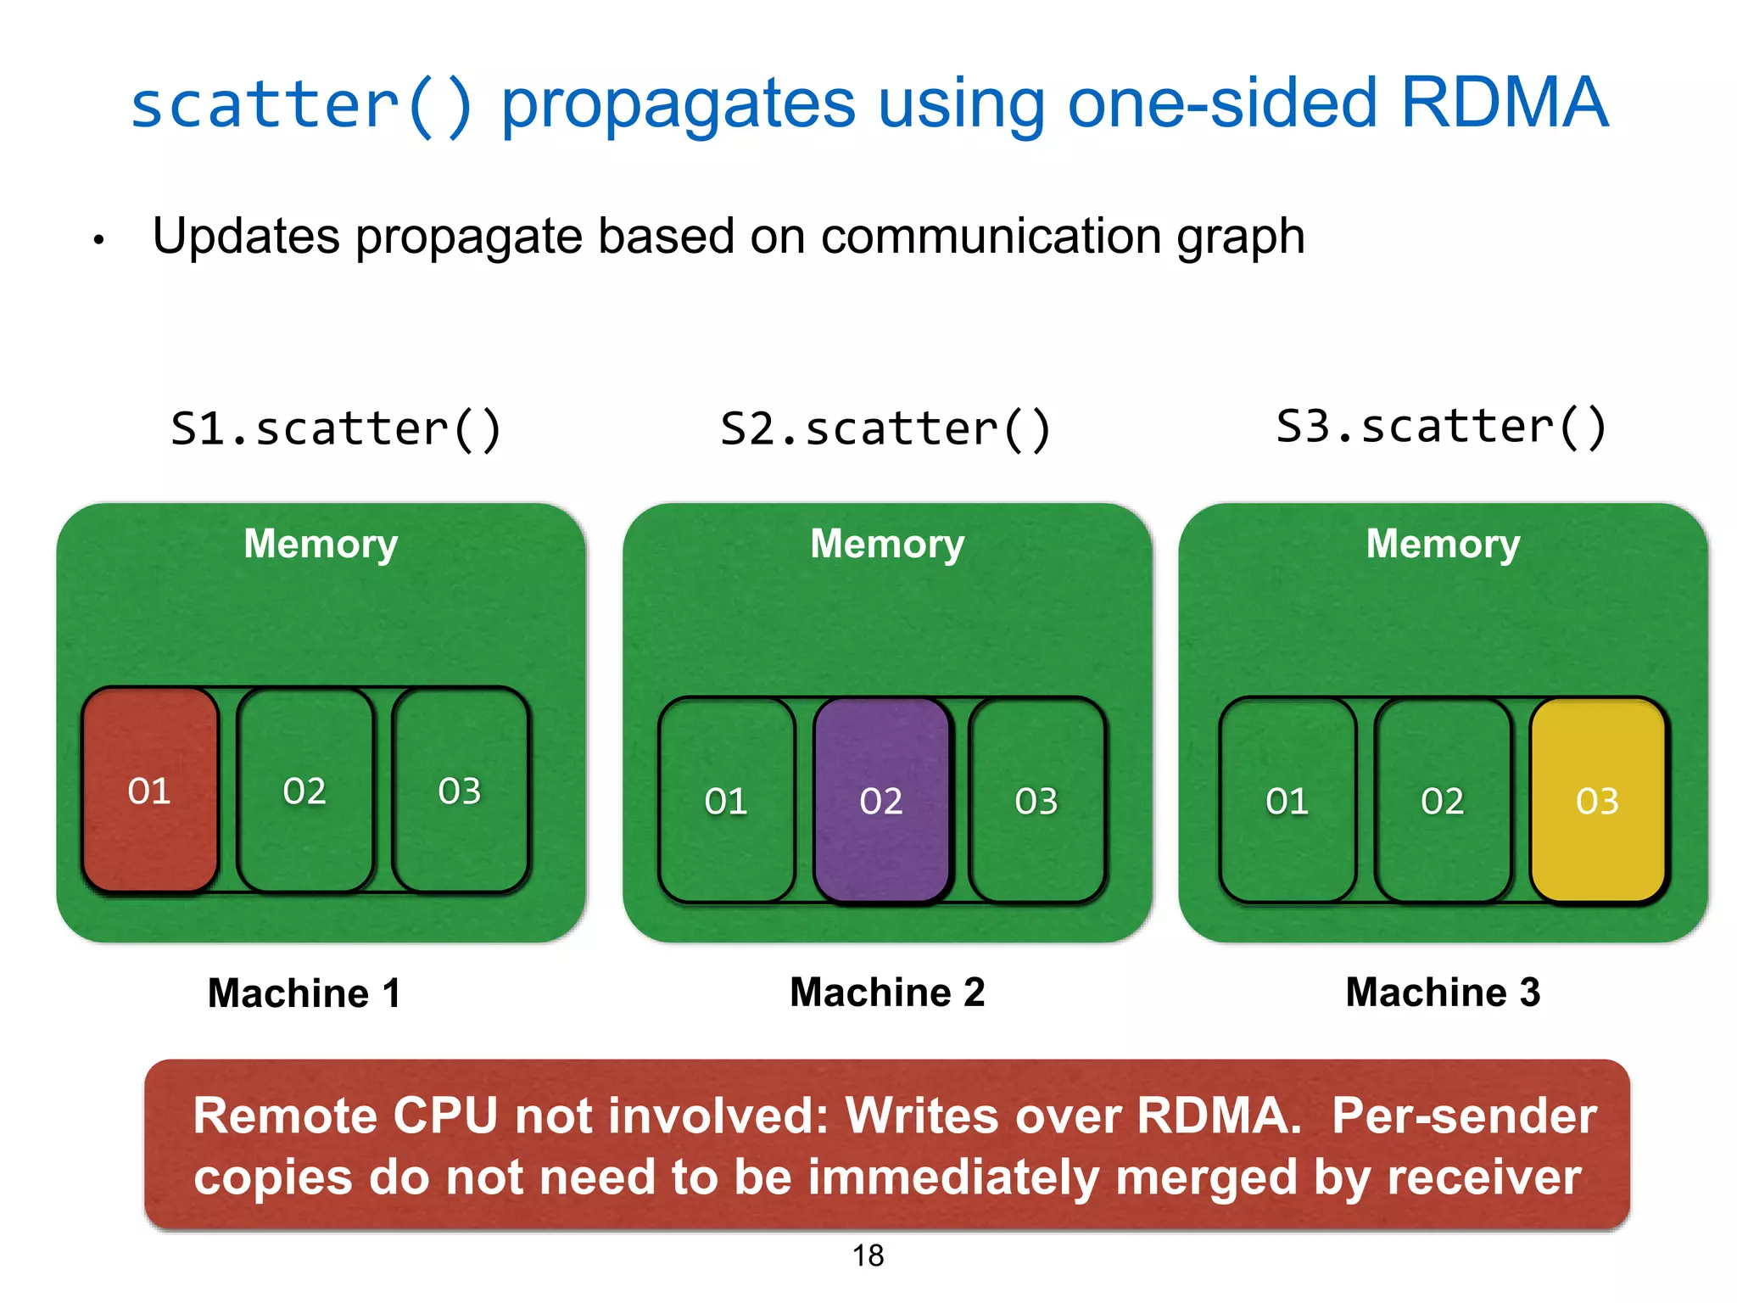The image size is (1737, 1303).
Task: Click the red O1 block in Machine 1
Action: point(150,790)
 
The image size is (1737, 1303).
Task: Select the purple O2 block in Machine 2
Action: point(881,800)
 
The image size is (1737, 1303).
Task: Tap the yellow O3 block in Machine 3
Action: point(1598,800)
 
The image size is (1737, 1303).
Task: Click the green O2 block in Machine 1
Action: point(304,790)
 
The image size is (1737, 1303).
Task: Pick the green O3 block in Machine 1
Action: point(460,790)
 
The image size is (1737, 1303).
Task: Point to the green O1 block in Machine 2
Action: point(726,800)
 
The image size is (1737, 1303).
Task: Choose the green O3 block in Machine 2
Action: point(1036,800)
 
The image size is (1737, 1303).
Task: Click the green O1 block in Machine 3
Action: point(1287,800)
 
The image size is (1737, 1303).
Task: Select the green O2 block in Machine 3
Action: point(1442,800)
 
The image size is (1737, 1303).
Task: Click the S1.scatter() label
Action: point(336,428)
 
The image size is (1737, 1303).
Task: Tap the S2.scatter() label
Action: point(885,428)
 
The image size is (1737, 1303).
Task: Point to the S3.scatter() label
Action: point(1441,427)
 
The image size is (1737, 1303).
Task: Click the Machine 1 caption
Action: point(304,993)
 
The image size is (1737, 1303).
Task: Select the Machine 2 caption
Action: point(887,992)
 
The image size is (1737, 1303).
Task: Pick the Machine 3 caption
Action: point(1443,992)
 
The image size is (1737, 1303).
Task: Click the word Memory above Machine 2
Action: point(887,543)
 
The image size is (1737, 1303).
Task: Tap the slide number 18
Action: point(868,1255)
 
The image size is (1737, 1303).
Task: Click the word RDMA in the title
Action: point(1504,103)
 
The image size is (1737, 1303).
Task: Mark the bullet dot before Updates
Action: point(99,241)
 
